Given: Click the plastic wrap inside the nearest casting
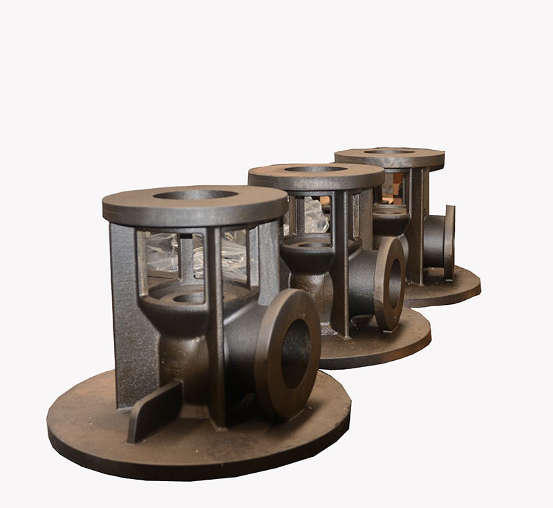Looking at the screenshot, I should click(x=160, y=253).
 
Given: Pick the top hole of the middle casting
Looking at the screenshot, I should click(x=315, y=169).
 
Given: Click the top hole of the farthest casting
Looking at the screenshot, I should click(x=389, y=151).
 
